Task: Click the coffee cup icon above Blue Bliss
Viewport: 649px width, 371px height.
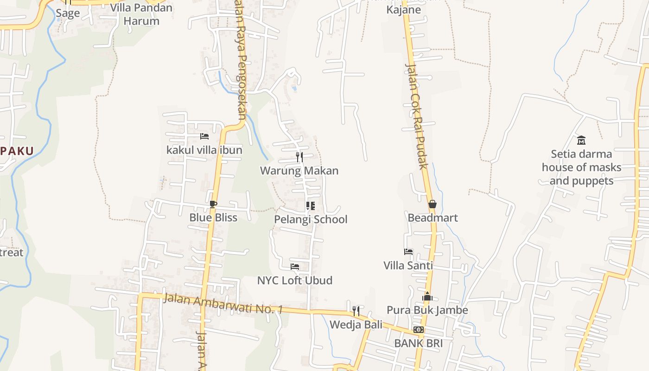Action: tap(213, 204)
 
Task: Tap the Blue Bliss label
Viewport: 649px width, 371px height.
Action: tap(213, 217)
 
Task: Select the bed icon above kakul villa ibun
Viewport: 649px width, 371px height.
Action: tap(204, 136)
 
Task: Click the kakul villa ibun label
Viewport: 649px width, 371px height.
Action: tap(204, 150)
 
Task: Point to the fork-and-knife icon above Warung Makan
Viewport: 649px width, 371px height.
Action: tap(299, 157)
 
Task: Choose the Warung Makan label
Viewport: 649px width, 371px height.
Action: tap(299, 171)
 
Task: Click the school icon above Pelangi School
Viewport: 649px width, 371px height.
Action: tap(311, 206)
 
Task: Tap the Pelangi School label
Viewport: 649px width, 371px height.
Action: tap(311, 219)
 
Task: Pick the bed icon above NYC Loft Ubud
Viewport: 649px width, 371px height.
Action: tap(294, 267)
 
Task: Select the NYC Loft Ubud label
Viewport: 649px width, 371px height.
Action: tap(294, 280)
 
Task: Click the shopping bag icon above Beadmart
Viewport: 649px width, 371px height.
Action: tap(433, 204)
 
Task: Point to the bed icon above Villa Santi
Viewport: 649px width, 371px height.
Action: tap(408, 252)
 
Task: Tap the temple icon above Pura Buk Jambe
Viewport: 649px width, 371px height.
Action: tap(427, 296)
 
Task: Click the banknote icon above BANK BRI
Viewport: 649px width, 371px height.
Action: tap(418, 330)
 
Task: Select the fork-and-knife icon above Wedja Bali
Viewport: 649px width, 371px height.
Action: tap(356, 311)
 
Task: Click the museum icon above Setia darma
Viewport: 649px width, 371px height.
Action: tap(581, 140)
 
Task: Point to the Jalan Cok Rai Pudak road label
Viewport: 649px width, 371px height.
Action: tap(416, 116)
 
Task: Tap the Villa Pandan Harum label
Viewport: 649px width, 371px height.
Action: tap(141, 14)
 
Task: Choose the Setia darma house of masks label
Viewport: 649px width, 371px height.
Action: tap(581, 167)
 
